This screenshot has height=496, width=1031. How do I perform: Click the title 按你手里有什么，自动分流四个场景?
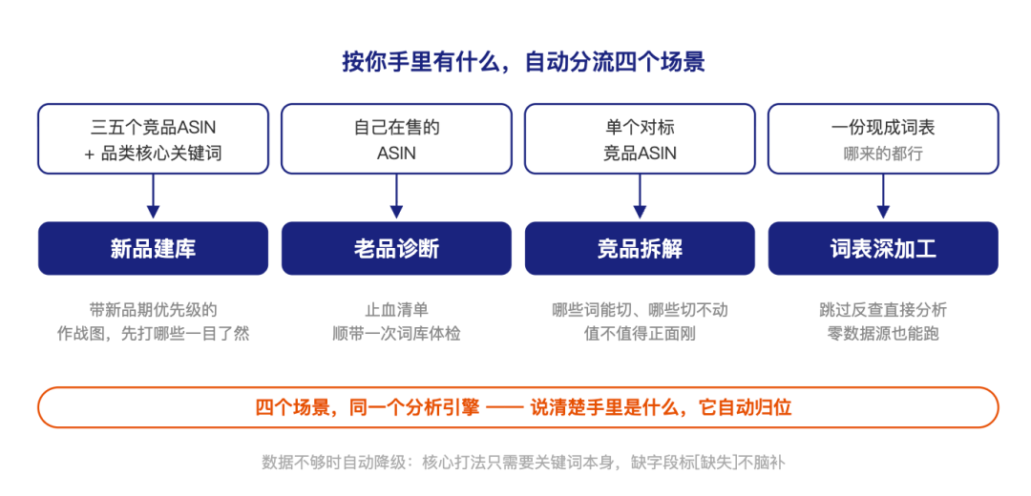523,62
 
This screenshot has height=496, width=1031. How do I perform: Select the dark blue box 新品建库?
153,248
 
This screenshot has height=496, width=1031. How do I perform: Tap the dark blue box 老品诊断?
396,248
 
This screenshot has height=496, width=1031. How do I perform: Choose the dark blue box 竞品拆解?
640,248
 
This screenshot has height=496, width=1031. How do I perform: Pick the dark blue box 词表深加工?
883,248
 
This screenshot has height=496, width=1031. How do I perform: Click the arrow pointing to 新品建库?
153,196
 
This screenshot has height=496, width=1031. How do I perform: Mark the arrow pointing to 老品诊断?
396,196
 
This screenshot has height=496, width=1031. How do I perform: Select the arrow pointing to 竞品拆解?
640,196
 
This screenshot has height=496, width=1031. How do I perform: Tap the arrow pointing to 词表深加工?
883,196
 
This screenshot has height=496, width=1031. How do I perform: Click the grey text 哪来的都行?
883,154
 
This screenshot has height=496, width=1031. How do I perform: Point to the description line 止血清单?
396,309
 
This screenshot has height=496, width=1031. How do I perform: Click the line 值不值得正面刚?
640,333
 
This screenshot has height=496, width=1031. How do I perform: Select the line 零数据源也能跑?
883,333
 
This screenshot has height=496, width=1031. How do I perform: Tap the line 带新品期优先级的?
153,309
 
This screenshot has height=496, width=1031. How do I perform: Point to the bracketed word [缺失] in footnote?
715,462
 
